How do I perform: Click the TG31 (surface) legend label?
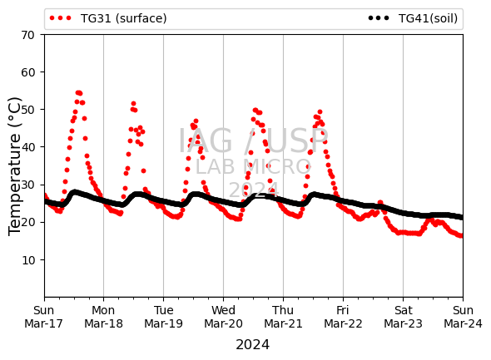point(124,18)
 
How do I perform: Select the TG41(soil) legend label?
point(428,18)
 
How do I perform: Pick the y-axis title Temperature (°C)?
point(15,166)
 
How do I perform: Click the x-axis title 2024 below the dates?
point(253,345)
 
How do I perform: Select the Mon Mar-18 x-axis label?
point(103,317)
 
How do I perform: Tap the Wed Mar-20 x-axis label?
point(223,317)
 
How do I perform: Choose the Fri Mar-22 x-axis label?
point(343,317)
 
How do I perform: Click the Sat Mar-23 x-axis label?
point(403,317)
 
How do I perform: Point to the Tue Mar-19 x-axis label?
point(163,317)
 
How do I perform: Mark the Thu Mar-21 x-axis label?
point(283,317)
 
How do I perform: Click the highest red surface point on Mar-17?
point(78,92)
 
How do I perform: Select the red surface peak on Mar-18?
point(133,104)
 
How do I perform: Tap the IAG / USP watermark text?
point(253,141)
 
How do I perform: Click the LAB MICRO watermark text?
point(253,167)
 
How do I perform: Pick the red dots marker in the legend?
point(61,18)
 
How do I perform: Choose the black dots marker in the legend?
point(379,18)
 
